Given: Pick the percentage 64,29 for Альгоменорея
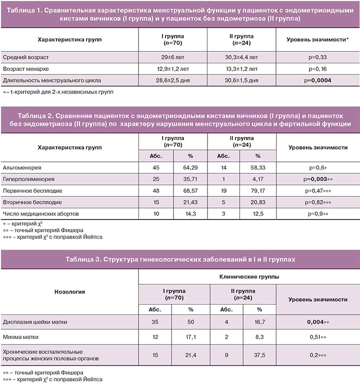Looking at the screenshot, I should [189, 167].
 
